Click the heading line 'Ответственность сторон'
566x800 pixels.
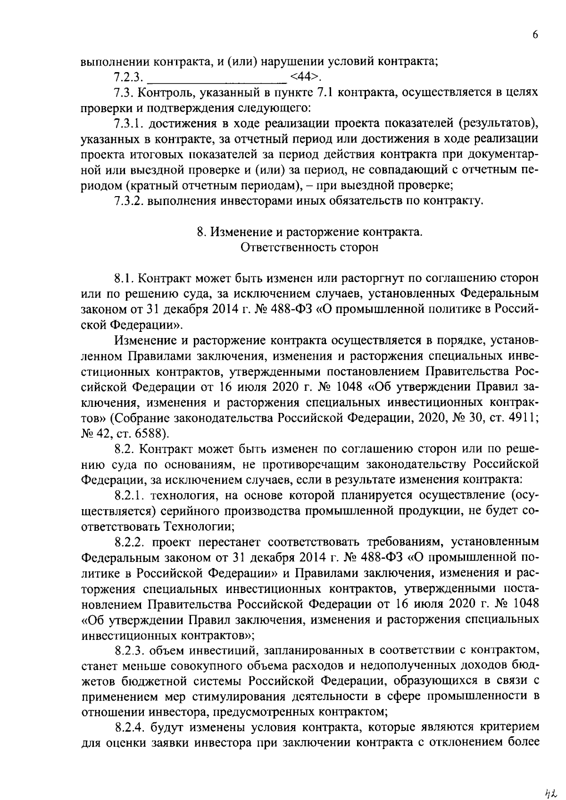click(x=309, y=247)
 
